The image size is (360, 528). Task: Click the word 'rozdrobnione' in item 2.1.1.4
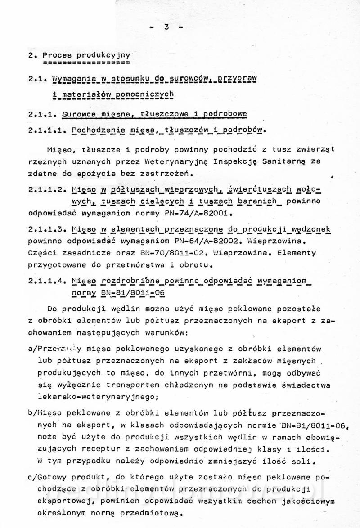128,282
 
